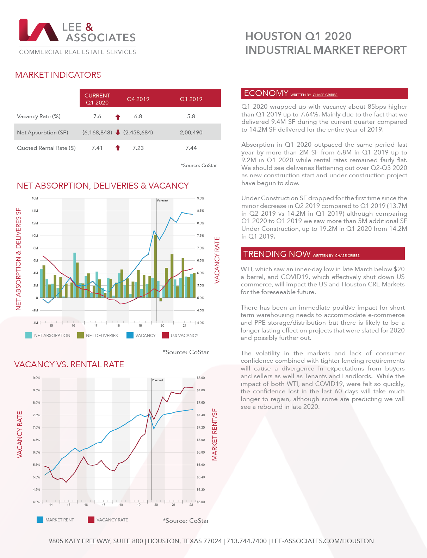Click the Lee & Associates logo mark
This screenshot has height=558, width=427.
(39, 30)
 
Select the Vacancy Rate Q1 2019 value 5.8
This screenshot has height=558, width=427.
(191, 116)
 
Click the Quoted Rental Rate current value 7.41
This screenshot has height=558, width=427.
(97, 148)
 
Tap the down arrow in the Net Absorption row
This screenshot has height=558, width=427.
(118, 132)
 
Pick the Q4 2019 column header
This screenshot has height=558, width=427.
(138, 99)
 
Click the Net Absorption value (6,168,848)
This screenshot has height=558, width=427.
(97, 133)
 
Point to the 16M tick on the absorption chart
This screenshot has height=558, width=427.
(35, 198)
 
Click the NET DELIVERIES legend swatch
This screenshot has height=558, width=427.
(80, 335)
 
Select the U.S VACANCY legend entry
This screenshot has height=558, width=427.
(184, 336)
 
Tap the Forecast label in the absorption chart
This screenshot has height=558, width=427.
(163, 201)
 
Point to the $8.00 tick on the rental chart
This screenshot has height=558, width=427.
(200, 378)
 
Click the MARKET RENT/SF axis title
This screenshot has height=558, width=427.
(215, 435)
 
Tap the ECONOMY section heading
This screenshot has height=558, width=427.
(266, 93)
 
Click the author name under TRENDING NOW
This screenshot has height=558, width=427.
(347, 256)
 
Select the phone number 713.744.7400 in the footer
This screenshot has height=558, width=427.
(247, 541)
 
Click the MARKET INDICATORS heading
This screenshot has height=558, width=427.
(58, 75)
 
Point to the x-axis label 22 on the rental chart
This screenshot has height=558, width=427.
(191, 505)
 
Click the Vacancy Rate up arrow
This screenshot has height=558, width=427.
(118, 117)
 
